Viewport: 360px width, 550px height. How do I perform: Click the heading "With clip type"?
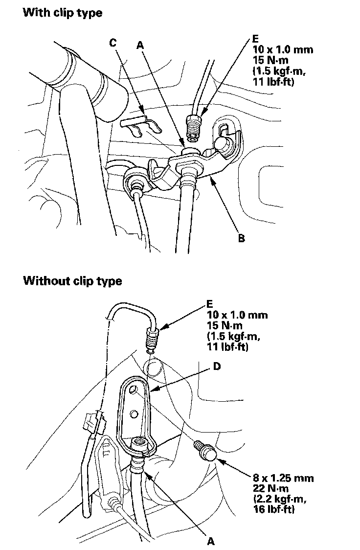63,13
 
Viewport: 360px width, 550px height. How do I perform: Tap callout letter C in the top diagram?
112,44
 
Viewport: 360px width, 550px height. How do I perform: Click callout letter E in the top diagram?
256,38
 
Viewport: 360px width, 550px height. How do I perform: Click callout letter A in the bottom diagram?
211,541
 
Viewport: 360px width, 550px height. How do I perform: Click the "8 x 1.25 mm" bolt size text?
278,478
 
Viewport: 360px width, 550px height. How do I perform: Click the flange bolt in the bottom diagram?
205,450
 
